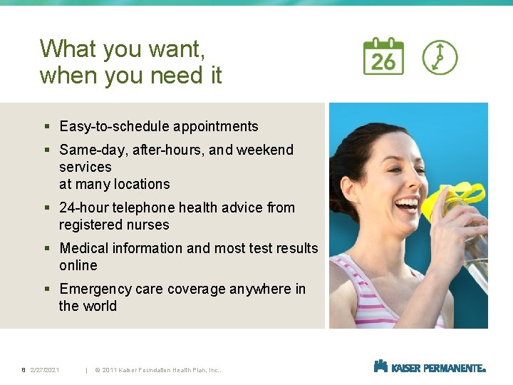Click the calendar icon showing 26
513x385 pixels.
383,56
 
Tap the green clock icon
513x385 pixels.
440,57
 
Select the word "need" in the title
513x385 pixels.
174,75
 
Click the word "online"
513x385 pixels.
78,265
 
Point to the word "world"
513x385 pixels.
100,306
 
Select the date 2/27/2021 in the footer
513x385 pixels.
45,370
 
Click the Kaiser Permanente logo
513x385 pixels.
430,367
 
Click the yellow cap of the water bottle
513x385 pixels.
457,197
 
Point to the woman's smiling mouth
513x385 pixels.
408,205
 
